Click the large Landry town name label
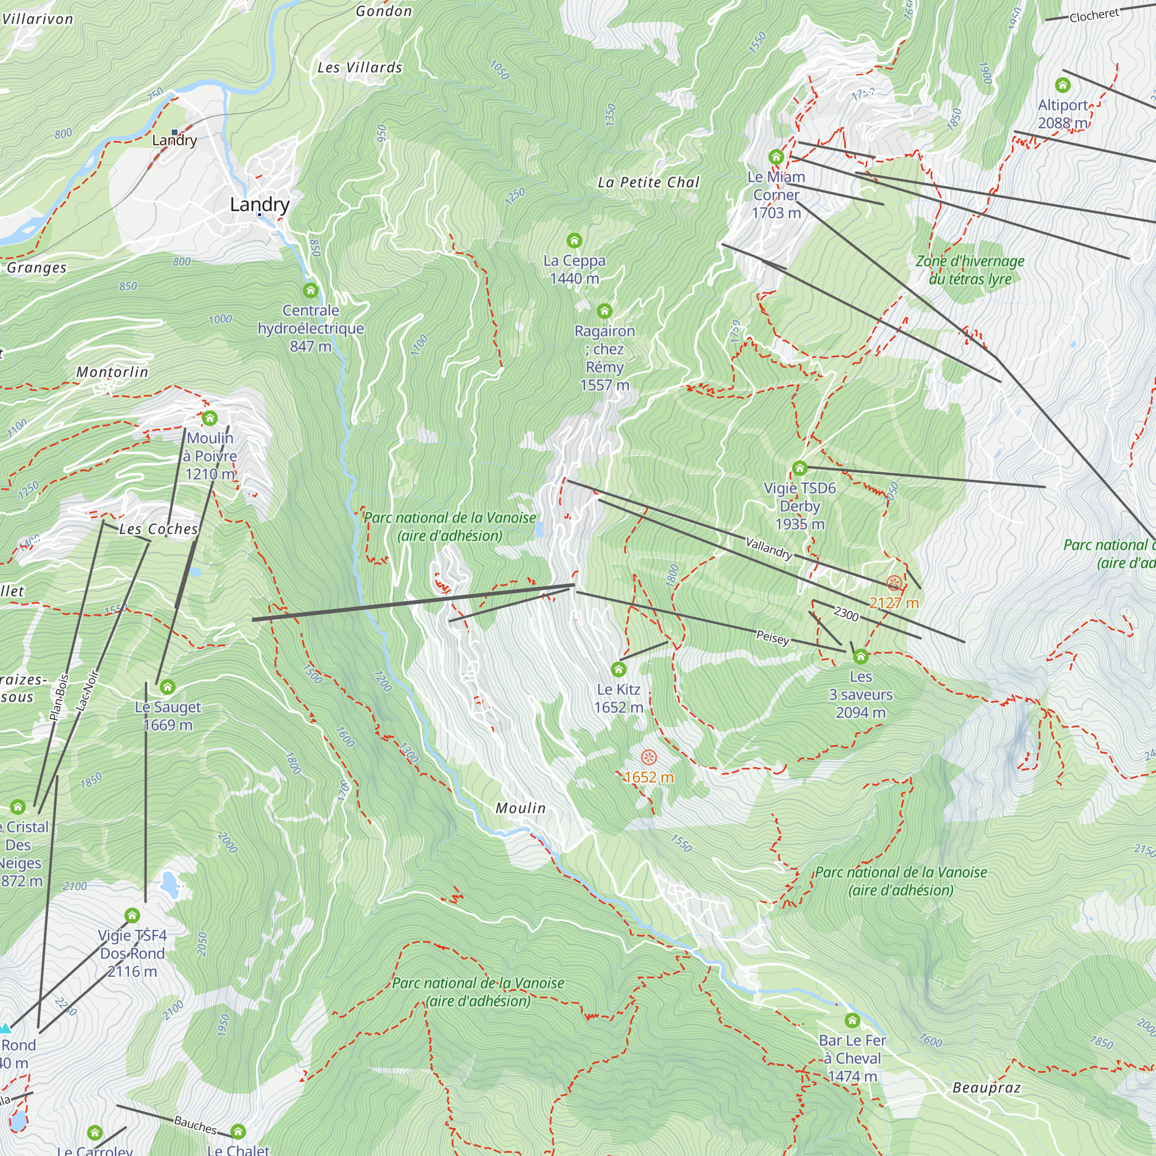pyautogui.click(x=260, y=204)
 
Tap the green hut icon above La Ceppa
pyautogui.click(x=575, y=240)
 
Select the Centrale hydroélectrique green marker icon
pyautogui.click(x=310, y=291)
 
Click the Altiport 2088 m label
pyautogui.click(x=1063, y=114)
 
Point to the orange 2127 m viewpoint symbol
pyautogui.click(x=894, y=583)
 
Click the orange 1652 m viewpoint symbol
pyautogui.click(x=649, y=758)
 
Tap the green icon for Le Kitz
pyautogui.click(x=618, y=669)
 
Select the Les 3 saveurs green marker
pyautogui.click(x=861, y=657)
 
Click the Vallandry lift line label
pyautogui.click(x=769, y=547)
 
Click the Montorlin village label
pyautogui.click(x=112, y=372)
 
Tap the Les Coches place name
pyautogui.click(x=158, y=529)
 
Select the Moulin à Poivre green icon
pyautogui.click(x=209, y=418)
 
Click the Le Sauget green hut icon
pyautogui.click(x=168, y=687)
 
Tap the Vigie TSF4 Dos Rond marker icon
pyautogui.click(x=132, y=916)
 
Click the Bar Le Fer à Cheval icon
pyautogui.click(x=852, y=1020)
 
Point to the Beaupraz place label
pyautogui.click(x=986, y=1087)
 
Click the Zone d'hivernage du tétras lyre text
pyautogui.click(x=970, y=270)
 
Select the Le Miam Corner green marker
pyautogui.click(x=776, y=157)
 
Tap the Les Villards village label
pyautogui.click(x=360, y=68)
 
